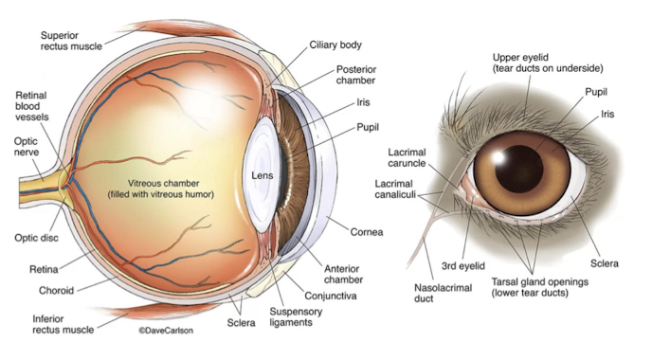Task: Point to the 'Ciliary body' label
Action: (335, 45)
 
